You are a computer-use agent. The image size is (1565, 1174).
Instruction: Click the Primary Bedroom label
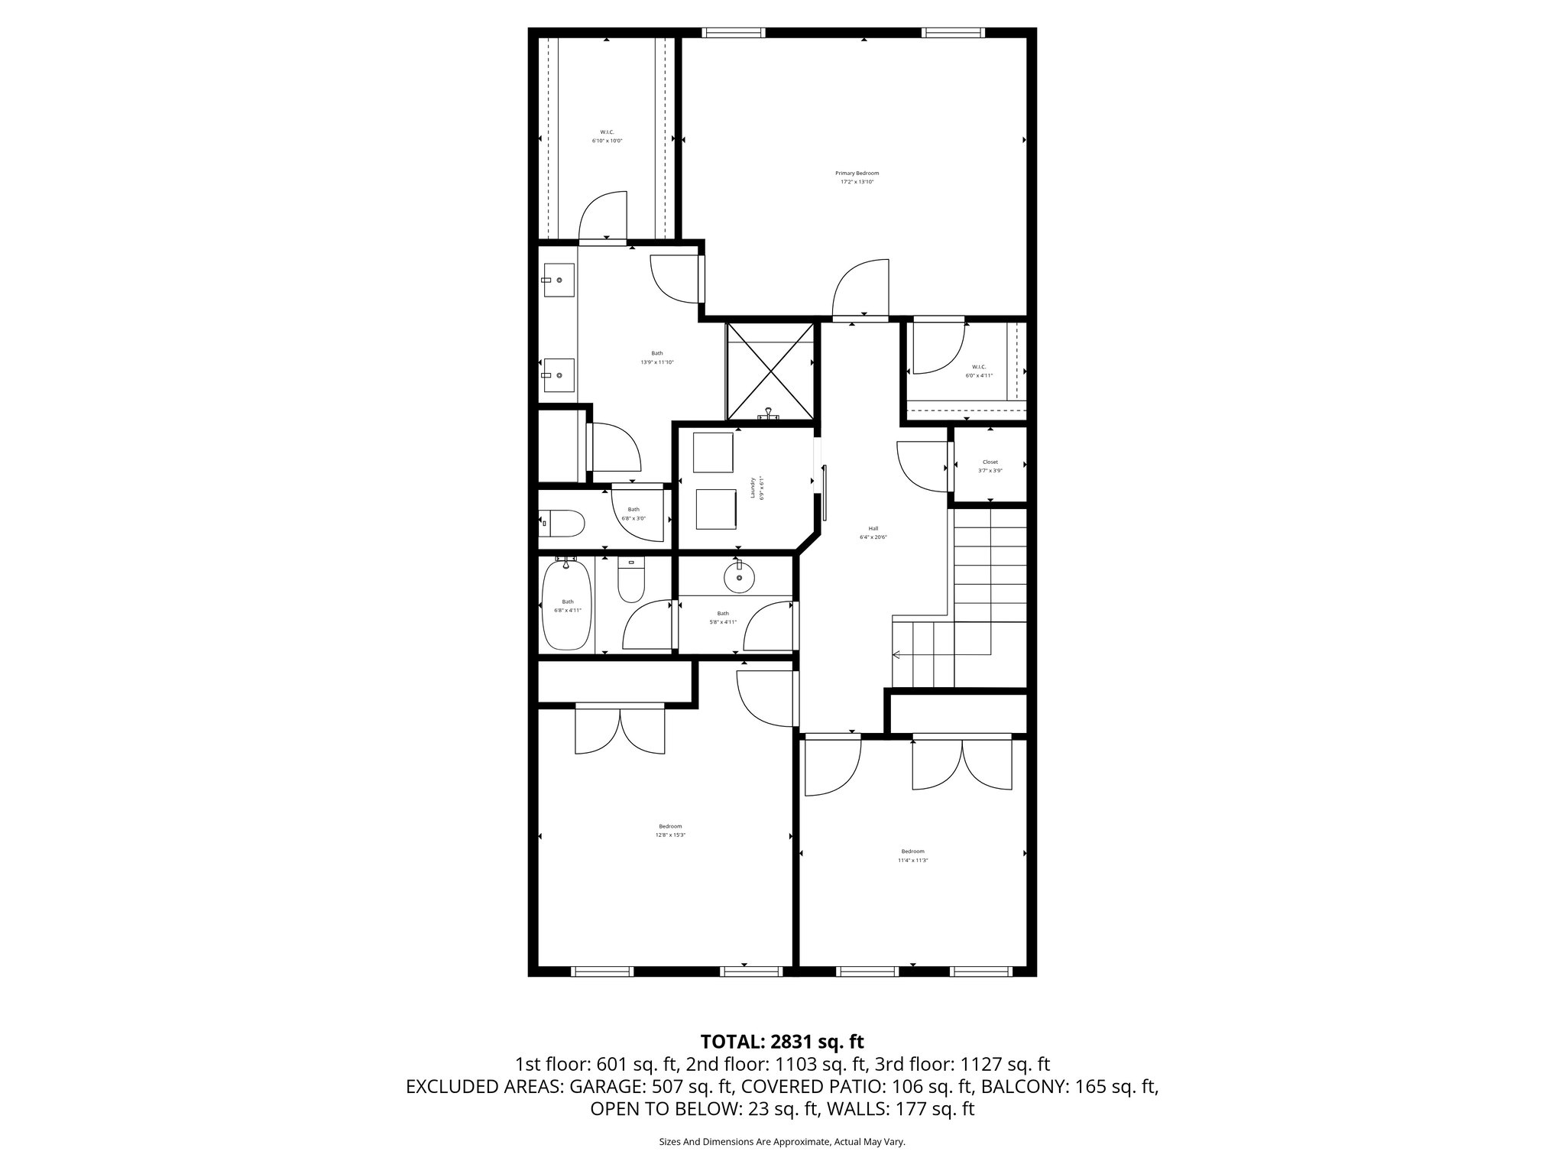tap(857, 174)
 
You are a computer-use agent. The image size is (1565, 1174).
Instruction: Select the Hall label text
tap(873, 528)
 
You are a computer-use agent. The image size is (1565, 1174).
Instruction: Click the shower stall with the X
tap(770, 371)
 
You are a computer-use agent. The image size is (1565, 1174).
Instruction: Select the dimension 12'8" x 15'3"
tap(670, 835)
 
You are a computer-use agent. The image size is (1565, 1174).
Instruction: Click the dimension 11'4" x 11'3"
tap(913, 860)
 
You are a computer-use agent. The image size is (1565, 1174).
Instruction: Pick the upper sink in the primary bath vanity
tap(559, 281)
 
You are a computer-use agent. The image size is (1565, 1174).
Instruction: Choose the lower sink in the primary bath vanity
tap(559, 375)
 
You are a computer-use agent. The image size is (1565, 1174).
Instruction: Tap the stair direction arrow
tap(897, 654)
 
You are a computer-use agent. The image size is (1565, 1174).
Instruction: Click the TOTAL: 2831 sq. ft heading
tap(782, 1042)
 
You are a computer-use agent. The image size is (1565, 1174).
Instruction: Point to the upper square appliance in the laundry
tap(714, 452)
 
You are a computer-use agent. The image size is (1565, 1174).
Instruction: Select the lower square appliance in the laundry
tap(716, 508)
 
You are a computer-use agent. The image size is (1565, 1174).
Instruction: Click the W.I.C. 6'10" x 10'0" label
tap(608, 136)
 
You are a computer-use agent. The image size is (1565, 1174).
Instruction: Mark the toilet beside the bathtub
tap(631, 580)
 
